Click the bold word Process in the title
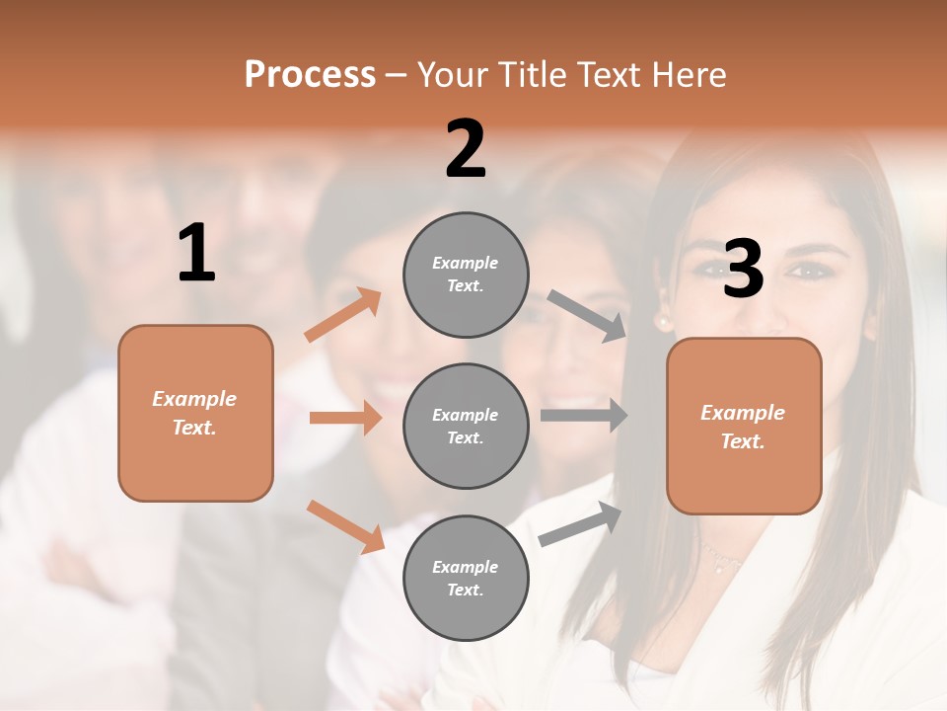click(x=310, y=75)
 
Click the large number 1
click(x=196, y=254)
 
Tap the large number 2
click(x=466, y=149)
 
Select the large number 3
click(x=743, y=269)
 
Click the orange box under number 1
click(x=195, y=413)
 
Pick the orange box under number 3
click(x=744, y=426)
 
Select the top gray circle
click(x=466, y=275)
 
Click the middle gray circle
click(x=466, y=426)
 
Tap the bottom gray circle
click(x=466, y=578)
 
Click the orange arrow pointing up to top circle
click(x=342, y=315)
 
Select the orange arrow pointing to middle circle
click(x=345, y=418)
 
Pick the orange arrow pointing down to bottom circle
click(x=345, y=526)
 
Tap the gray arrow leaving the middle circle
click(x=584, y=416)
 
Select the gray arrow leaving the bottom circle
click(x=580, y=524)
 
